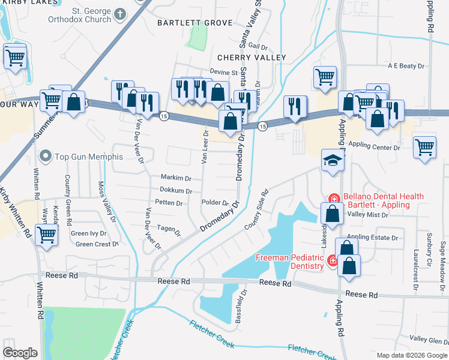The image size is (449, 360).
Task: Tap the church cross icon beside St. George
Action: click(120, 13)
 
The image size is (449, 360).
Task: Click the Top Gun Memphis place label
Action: click(88, 157)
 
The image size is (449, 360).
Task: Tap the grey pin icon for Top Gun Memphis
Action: click(45, 157)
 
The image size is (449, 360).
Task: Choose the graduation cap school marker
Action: click(330, 160)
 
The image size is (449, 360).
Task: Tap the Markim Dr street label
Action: click(175, 178)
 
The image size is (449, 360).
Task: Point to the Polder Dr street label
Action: click(215, 203)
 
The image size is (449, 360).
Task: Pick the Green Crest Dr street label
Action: click(93, 244)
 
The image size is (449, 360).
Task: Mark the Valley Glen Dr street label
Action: click(429, 340)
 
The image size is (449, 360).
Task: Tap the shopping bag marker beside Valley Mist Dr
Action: click(332, 213)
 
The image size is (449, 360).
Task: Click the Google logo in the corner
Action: click(20, 352)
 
